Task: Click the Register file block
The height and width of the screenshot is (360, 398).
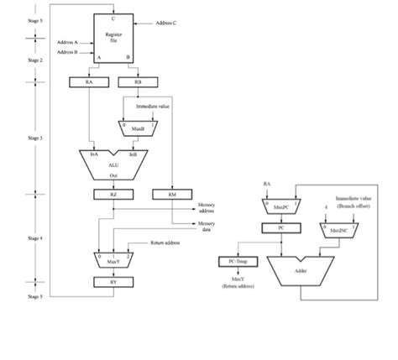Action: (113, 38)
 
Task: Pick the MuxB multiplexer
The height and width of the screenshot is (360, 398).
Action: (133, 127)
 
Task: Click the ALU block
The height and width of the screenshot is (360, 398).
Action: (114, 165)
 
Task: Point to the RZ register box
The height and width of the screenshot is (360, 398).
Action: (113, 195)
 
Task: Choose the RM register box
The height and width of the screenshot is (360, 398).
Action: (171, 195)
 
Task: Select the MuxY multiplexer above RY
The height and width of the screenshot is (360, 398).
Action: (113, 258)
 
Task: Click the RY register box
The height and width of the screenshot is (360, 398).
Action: (113, 282)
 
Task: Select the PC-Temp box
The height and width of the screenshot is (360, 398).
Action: (234, 261)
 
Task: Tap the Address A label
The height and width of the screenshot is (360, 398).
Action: (67, 41)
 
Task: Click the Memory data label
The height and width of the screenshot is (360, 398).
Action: (206, 227)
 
